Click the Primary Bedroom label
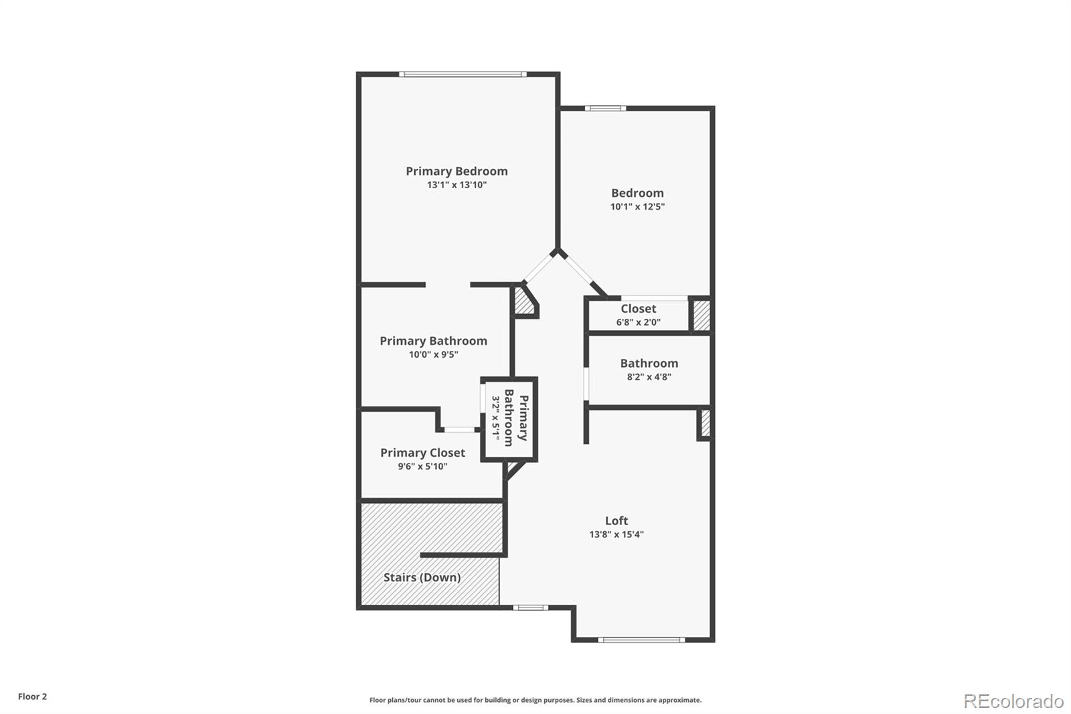tap(457, 171)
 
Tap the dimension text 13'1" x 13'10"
tap(457, 185)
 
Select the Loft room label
tap(616, 520)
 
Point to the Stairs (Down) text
tap(422, 577)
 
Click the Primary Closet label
tap(422, 453)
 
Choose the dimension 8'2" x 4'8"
tap(649, 377)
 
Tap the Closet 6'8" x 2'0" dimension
tap(638, 322)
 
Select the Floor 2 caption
tap(32, 697)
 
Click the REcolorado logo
tap(1013, 701)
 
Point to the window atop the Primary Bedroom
tap(462, 74)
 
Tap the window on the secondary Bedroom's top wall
tap(604, 108)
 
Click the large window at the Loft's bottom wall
tap(641, 640)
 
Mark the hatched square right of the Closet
tap(701, 315)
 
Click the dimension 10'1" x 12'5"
tap(637, 207)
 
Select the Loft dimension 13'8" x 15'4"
tap(616, 534)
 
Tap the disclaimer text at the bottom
tap(535, 700)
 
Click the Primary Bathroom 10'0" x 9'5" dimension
tap(434, 355)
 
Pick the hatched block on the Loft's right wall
tap(705, 423)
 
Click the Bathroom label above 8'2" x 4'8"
tap(649, 363)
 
